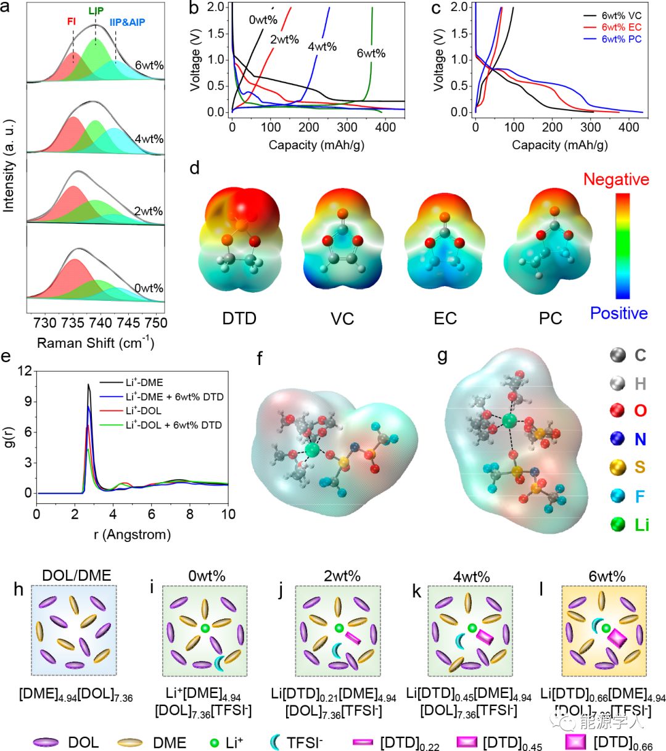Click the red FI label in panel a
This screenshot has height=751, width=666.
click(x=72, y=22)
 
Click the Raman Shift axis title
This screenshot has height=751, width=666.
click(x=96, y=342)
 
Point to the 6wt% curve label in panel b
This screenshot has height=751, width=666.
click(x=371, y=53)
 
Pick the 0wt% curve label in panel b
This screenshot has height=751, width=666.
click(x=263, y=20)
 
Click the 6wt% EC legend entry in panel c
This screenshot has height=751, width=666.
click(x=622, y=27)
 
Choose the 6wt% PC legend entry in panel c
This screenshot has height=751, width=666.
click(x=622, y=39)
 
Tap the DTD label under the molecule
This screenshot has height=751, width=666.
click(x=239, y=318)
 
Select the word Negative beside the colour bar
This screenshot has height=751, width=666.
click(x=615, y=179)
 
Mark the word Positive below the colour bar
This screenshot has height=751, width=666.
click(x=619, y=313)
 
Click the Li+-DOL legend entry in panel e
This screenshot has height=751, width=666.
click(x=144, y=411)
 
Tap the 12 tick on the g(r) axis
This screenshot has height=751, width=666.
click(x=25, y=371)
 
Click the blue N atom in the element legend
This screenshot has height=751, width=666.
click(x=618, y=438)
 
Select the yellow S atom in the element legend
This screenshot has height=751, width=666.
click(x=618, y=467)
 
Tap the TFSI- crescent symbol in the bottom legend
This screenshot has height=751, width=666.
click(x=275, y=742)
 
